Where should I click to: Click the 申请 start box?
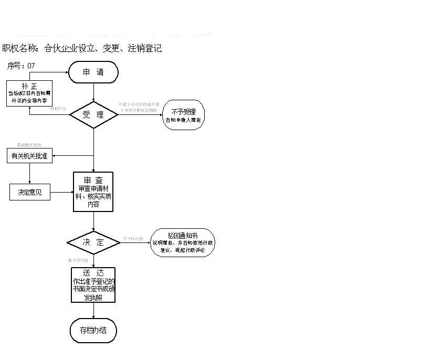point(93,72)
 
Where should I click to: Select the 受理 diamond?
point(93,114)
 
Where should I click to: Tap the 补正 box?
point(29,93)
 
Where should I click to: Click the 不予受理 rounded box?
point(183,115)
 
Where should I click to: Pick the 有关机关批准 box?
point(29,156)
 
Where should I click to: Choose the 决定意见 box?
point(29,192)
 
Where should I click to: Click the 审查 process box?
point(93,192)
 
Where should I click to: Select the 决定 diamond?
point(93,242)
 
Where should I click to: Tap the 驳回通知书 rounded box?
point(182,242)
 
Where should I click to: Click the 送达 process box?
point(93,285)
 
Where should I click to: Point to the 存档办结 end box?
point(93,331)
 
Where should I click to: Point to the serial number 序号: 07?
point(21,66)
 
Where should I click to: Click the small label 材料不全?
point(58,109)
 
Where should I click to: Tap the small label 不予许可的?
point(133,239)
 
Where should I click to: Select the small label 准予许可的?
point(78,260)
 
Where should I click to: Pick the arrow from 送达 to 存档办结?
point(93,311)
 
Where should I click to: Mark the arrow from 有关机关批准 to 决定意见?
point(29,173)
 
